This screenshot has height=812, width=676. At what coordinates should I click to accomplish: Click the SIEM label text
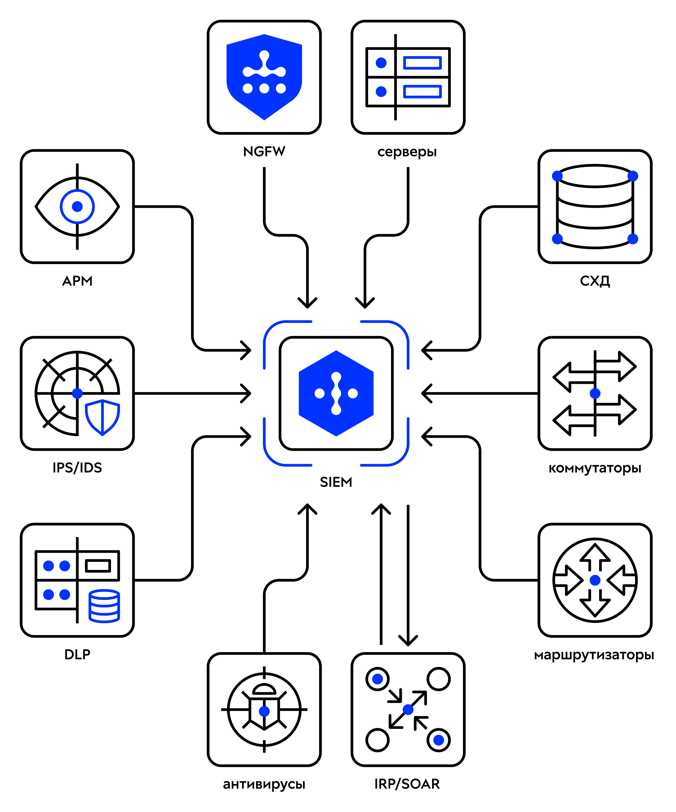coord(336,482)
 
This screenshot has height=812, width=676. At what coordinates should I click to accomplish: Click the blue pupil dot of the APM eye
coord(77,206)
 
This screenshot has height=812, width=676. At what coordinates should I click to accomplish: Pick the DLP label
coord(77,654)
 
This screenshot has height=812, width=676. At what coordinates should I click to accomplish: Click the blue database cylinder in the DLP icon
coord(104,606)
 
